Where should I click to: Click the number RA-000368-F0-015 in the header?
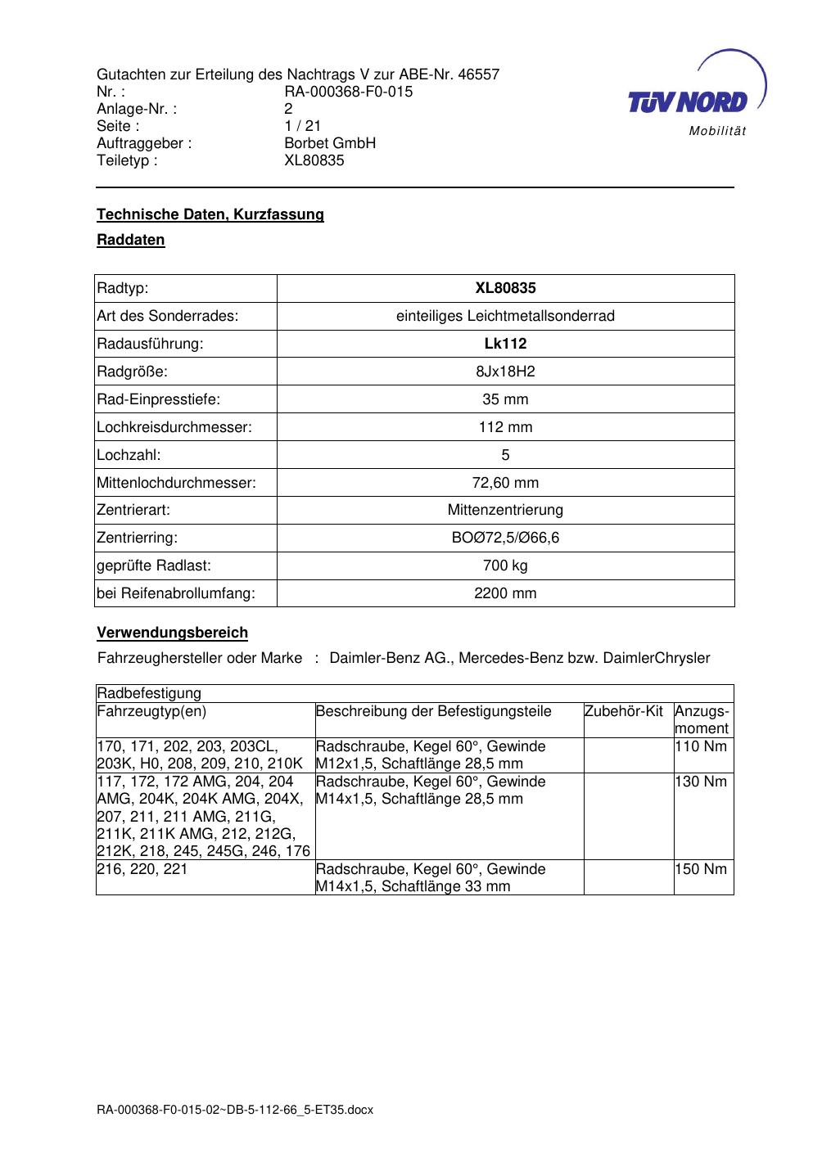348,92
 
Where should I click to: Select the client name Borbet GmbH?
330,143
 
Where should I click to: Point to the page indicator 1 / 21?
302,126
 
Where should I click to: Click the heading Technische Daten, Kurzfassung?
210,214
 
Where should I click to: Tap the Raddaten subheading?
131,240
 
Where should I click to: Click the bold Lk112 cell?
505,344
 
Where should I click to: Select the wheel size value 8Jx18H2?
505,372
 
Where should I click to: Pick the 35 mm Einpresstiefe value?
505,399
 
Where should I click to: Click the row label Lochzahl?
129,455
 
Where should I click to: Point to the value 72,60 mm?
505,483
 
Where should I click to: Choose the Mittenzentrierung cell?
505,510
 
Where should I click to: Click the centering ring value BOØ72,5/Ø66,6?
505,538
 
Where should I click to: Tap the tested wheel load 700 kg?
505,565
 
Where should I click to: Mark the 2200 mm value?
505,593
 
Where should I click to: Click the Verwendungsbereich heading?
172,633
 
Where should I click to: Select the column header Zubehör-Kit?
624,711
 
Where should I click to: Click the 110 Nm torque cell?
701,746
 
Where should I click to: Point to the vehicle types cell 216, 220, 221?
142,869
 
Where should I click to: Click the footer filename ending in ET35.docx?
235,1110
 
